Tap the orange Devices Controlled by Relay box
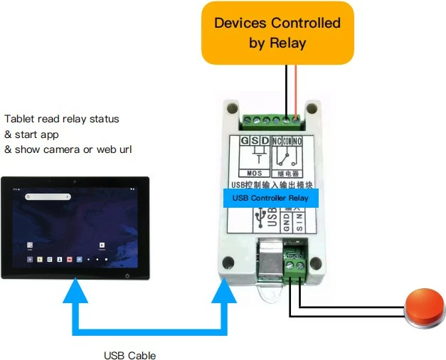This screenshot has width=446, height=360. pyautogui.click(x=278, y=33)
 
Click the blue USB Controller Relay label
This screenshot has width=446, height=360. pyautogui.click(x=270, y=197)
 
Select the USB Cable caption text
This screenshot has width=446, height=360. pyautogui.click(x=129, y=354)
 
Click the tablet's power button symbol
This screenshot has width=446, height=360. pyautogui.click(x=127, y=275)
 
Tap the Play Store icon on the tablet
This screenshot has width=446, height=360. pyautogui.click(x=103, y=244)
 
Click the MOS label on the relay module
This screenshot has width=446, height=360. pyautogui.click(x=255, y=173)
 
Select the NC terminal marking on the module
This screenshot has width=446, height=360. pyautogui.click(x=278, y=141)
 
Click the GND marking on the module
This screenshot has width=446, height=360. pyautogui.click(x=286, y=226)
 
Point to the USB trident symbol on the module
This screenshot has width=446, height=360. pyautogui.click(x=264, y=215)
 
